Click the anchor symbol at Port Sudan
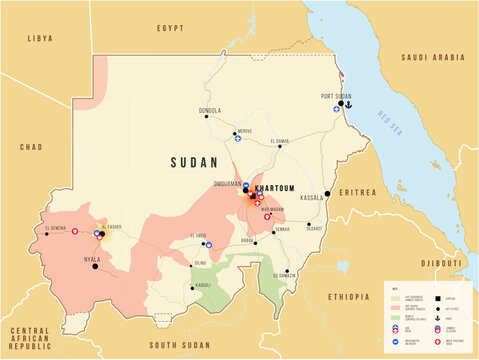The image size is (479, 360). click(349, 104)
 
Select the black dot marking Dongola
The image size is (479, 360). click(207, 117)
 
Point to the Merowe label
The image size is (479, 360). click(245, 131)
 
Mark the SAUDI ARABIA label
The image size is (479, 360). click(429, 58)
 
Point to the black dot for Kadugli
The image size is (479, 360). click(192, 287)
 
